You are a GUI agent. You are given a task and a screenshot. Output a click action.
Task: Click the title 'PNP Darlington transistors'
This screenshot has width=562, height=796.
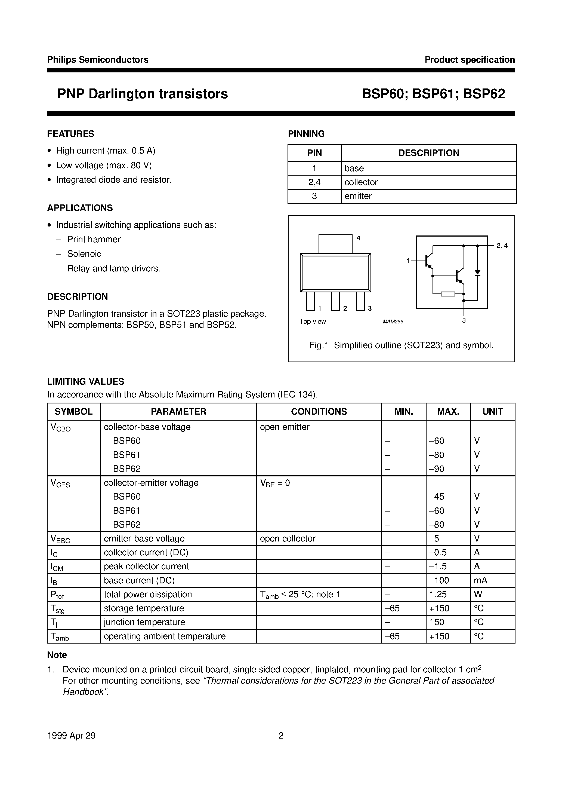(143, 94)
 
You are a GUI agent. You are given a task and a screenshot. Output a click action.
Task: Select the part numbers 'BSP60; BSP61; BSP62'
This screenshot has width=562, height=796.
(433, 94)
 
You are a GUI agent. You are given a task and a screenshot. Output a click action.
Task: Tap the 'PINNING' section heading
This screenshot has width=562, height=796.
(306, 134)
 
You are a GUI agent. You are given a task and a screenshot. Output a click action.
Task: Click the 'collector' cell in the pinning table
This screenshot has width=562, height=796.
(361, 182)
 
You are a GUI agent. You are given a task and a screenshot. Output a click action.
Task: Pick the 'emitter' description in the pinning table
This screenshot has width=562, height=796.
(358, 196)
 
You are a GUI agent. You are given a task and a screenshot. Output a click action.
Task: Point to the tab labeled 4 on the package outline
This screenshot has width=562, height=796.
(335, 244)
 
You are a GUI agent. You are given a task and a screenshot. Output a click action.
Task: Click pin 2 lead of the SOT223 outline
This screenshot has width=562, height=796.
(335, 301)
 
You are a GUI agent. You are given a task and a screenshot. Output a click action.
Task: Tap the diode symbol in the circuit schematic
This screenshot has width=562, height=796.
(477, 272)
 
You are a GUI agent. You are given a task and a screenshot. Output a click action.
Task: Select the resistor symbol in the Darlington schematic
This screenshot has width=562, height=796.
(448, 294)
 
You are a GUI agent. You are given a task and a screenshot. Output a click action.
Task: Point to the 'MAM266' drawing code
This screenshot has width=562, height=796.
(393, 322)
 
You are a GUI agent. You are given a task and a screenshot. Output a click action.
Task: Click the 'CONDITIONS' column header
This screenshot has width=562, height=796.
(319, 412)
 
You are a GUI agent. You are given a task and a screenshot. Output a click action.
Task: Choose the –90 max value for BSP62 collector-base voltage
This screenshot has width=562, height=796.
(436, 469)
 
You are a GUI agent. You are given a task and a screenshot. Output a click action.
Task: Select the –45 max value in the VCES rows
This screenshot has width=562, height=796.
(436, 497)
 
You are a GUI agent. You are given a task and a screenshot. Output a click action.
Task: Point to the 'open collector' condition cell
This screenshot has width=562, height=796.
(287, 538)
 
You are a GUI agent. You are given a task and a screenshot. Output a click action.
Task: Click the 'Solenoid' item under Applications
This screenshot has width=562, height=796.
(84, 254)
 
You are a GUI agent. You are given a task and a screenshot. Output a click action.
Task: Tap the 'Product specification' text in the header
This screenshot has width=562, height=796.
(470, 60)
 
